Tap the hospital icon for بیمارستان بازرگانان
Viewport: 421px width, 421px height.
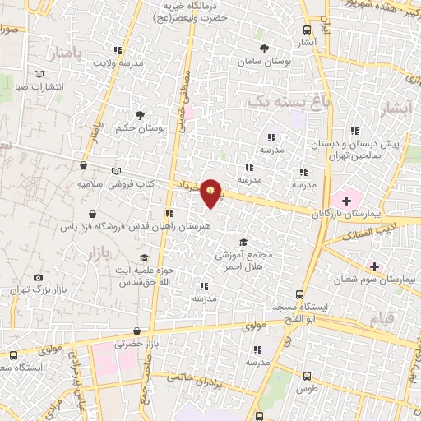[x=346, y=200]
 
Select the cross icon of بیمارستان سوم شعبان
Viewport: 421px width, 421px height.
[x=374, y=266]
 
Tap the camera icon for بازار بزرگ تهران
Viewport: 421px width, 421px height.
[x=37, y=279]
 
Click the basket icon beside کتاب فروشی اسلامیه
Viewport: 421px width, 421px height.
[x=84, y=164]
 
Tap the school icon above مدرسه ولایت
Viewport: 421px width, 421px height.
[x=118, y=49]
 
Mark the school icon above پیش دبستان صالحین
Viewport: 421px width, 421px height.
[x=354, y=131]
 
